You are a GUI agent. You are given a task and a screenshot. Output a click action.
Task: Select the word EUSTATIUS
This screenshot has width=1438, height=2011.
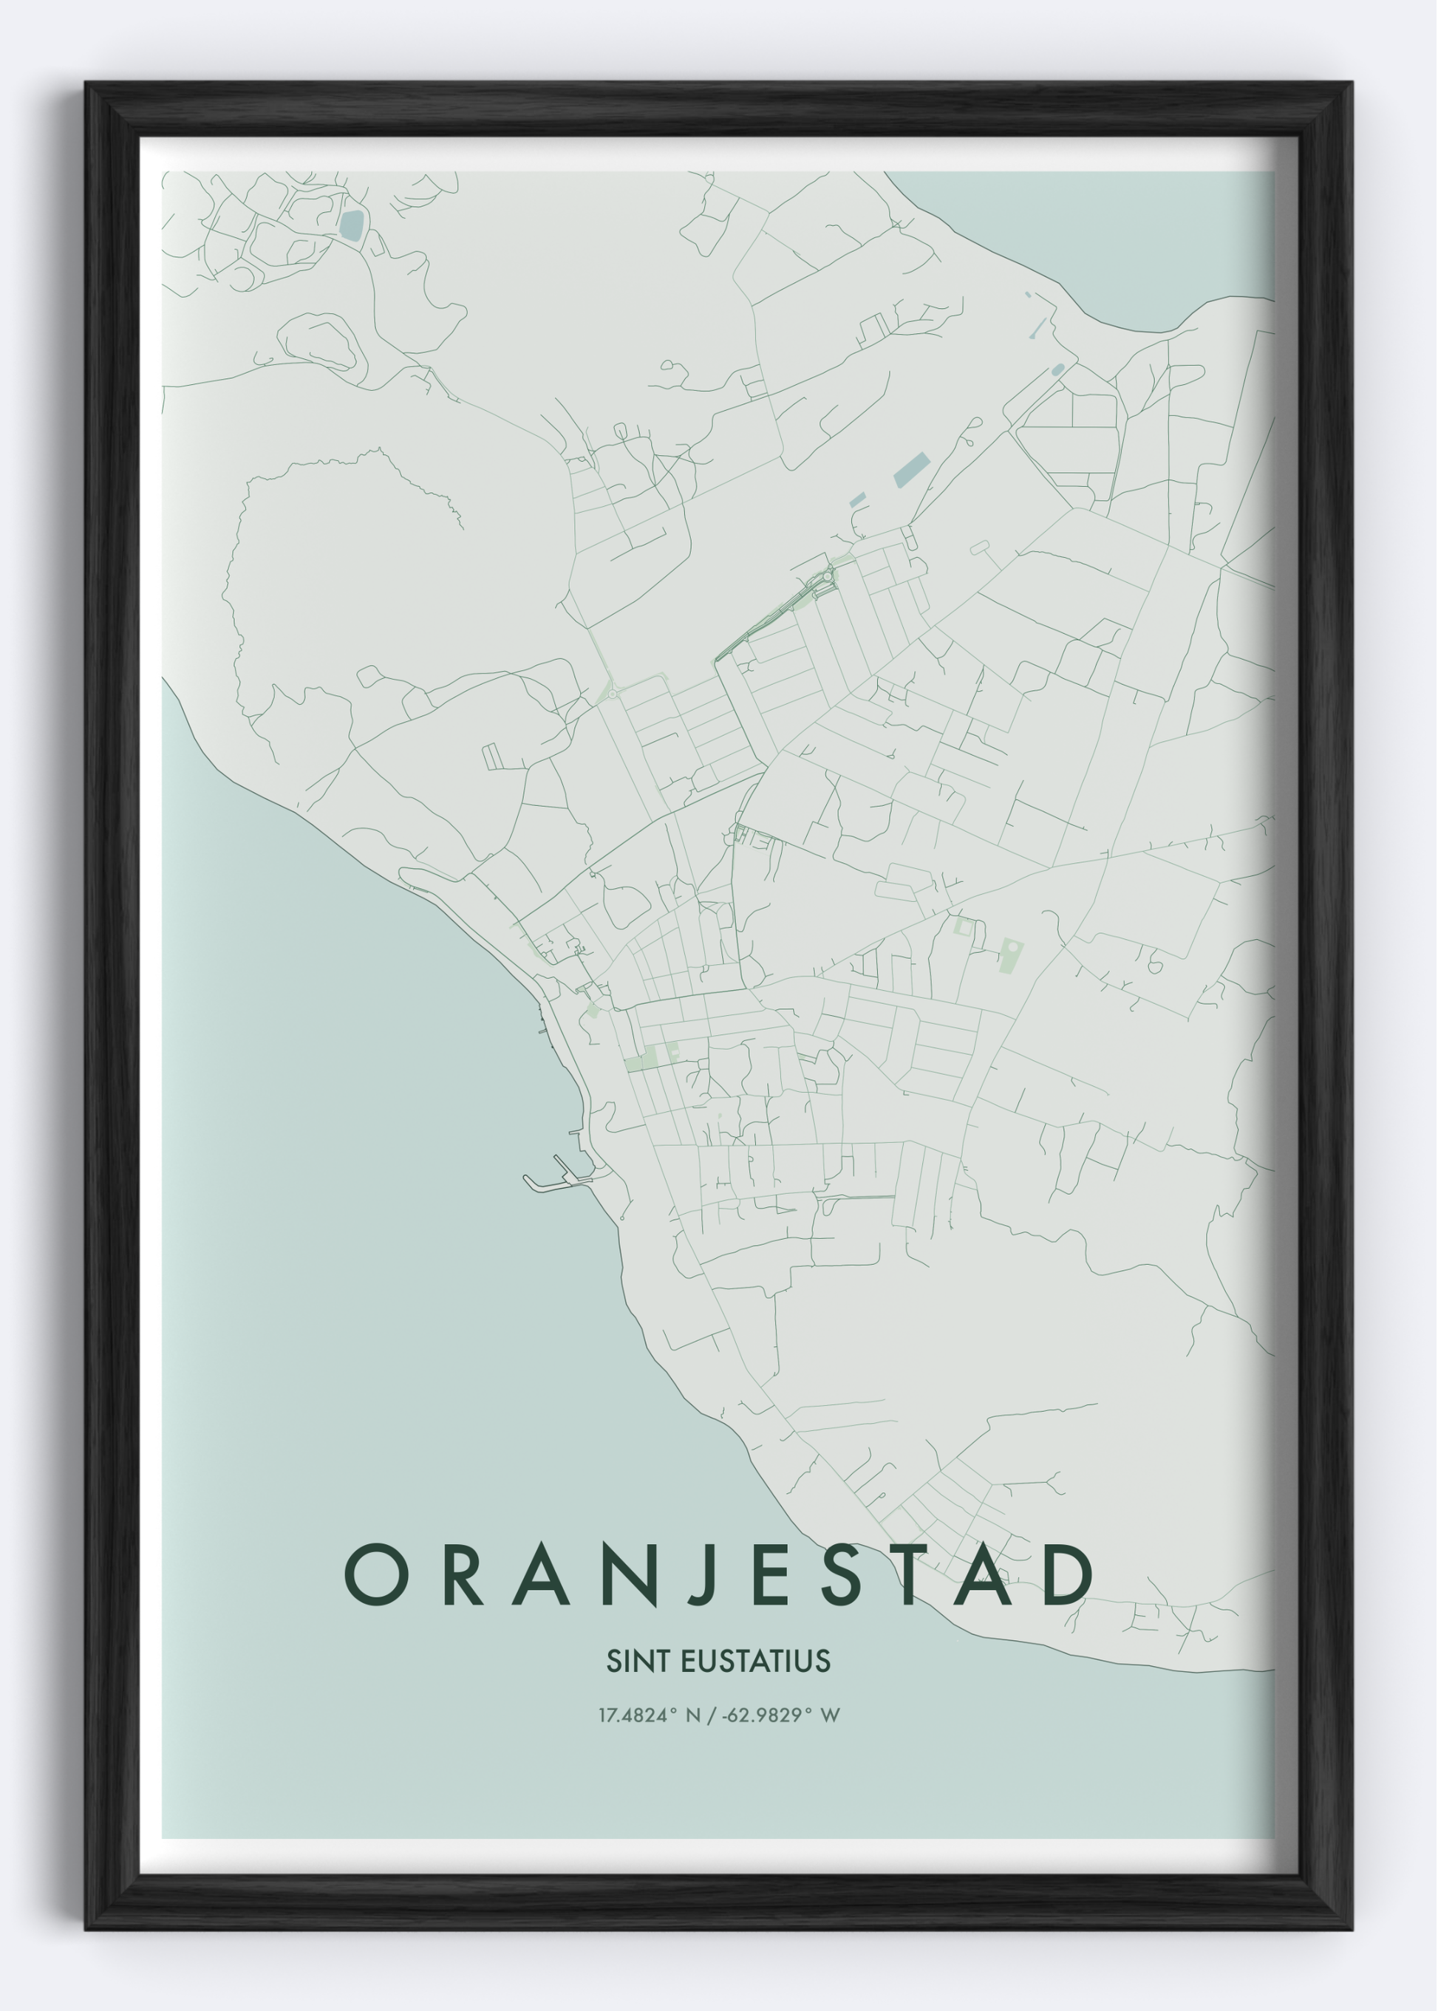(755, 1662)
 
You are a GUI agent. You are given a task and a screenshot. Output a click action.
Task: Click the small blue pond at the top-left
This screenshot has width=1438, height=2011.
(352, 225)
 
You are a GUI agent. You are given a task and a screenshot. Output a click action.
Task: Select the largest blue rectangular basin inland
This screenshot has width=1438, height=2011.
(911, 470)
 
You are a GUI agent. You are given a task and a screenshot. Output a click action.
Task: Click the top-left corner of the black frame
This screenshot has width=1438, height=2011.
(89, 86)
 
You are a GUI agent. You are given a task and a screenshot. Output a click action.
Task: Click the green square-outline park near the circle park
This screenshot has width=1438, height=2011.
(964, 928)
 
